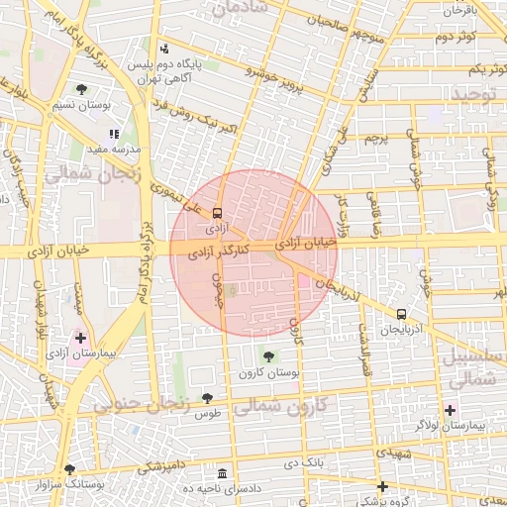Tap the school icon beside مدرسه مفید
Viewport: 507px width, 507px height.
point(115,132)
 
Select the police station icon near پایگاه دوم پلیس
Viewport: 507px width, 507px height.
point(163,49)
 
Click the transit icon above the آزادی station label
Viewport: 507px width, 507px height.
point(217,211)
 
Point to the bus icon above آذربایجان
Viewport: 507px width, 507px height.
point(401,314)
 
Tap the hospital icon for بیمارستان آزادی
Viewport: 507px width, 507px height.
point(80,338)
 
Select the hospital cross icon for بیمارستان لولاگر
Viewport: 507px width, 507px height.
point(451,410)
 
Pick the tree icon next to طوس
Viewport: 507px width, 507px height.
point(206,398)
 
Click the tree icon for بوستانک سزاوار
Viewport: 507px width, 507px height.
point(69,470)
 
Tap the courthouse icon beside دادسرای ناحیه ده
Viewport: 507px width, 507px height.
point(223,474)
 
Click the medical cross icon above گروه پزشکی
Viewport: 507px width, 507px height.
point(382,486)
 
